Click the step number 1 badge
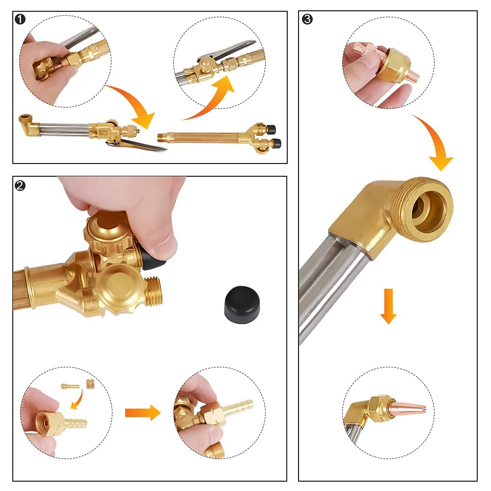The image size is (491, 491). coord(20,19)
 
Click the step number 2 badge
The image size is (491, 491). coord(20,186)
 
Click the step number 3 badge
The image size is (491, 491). coord(307,19)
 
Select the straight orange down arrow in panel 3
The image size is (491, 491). coord(388,306)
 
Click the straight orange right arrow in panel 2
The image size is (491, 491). coord(143,413)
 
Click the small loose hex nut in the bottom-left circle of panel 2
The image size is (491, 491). coord(90,383)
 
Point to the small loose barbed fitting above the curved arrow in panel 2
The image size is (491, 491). coord(70,386)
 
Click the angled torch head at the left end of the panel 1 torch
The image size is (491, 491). coord(29,126)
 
